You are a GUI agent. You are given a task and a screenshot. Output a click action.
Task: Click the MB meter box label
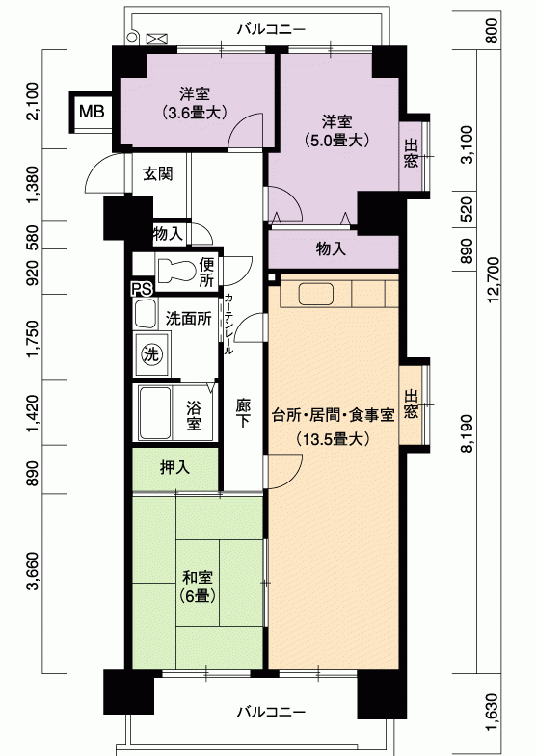tap(92, 112)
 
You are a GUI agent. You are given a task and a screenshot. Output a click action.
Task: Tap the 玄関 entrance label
tap(157, 173)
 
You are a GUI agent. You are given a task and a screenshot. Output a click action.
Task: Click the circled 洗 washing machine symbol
tap(151, 354)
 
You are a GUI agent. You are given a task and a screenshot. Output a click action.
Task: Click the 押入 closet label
tap(174, 467)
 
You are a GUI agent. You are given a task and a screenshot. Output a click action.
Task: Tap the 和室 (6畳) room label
tap(198, 587)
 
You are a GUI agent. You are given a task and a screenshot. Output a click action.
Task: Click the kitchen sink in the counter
tap(316, 294)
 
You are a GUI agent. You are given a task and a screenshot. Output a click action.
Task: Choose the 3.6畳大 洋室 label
tap(195, 103)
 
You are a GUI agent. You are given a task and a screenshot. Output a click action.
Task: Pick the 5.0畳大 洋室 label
tap(336, 131)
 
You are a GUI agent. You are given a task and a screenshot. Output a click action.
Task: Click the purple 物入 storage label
tap(331, 248)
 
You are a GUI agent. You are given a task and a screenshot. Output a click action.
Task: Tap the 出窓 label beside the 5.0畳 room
tap(411, 153)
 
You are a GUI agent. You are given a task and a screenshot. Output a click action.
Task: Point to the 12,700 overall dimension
tap(494, 279)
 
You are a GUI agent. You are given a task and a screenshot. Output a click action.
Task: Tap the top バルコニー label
tap(271, 30)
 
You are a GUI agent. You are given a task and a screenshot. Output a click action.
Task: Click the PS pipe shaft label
tap(143, 288)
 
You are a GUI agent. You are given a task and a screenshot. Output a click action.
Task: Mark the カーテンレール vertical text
tap(228, 324)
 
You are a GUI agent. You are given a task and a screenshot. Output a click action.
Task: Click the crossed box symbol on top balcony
tap(156, 39)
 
